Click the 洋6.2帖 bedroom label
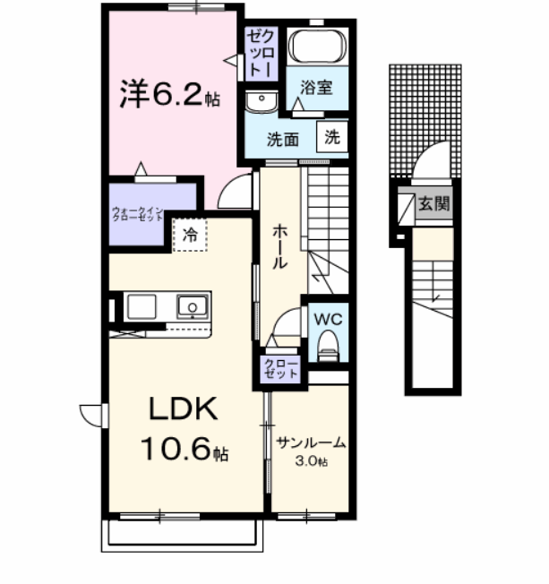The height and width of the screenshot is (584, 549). point(168,94)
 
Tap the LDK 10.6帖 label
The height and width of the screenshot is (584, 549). point(184,428)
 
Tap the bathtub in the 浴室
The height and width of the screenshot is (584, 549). point(318,47)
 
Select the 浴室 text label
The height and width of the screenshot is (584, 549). point(316,88)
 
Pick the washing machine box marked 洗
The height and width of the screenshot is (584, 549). point(332,138)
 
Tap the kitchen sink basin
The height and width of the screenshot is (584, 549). point(193,307)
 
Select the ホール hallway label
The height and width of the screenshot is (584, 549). point(279,245)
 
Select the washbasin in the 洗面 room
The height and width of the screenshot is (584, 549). point(261,101)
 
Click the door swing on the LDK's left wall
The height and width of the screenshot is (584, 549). point(91,415)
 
